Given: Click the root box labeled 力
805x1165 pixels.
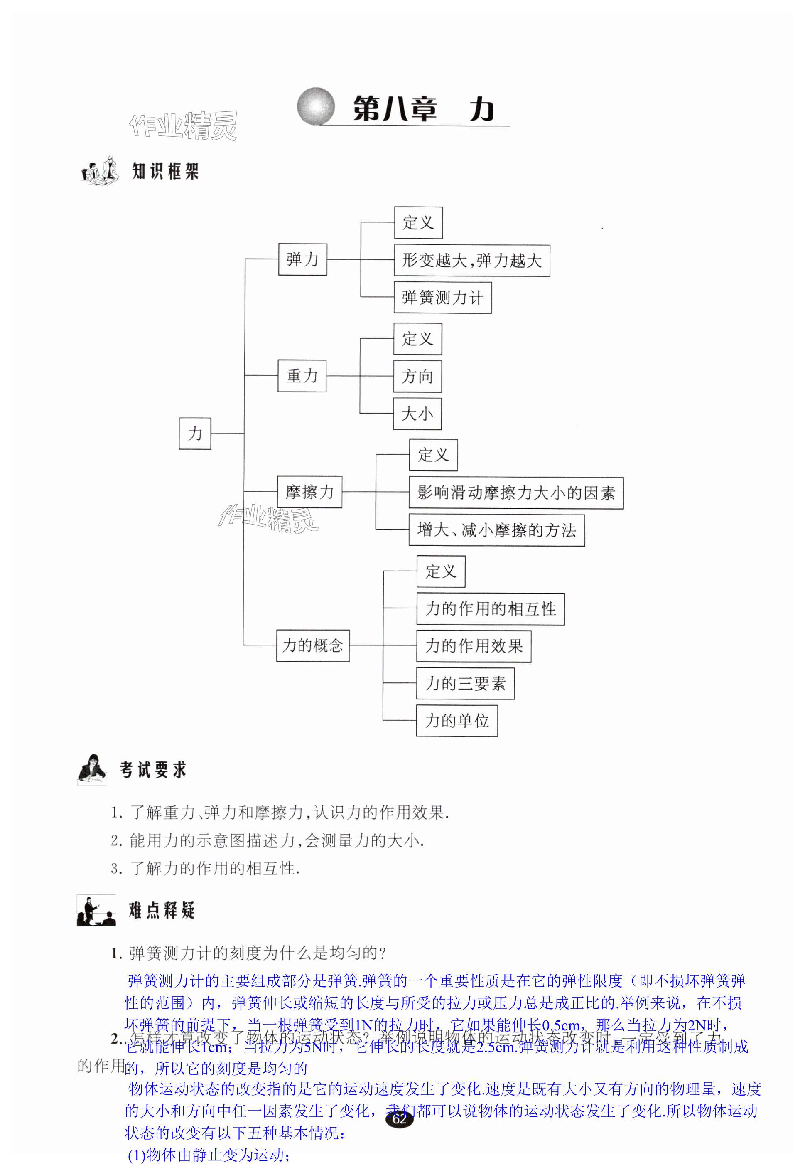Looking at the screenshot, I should (x=195, y=433).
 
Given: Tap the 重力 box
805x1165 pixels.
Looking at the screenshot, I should (x=302, y=376).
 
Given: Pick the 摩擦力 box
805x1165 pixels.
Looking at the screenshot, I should (x=309, y=492).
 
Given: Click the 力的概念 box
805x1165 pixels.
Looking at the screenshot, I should (x=313, y=645).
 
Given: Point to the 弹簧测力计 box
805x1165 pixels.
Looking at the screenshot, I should (x=442, y=298).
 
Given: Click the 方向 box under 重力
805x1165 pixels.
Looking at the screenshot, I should (x=417, y=377).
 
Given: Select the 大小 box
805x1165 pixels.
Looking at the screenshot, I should (x=417, y=414).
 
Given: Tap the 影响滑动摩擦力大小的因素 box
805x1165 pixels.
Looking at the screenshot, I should (x=516, y=493).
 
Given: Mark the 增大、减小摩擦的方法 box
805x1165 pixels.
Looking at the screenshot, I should (x=496, y=530).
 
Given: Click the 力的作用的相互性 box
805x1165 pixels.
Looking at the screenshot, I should (x=490, y=609).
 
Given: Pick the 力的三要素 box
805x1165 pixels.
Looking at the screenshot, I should (x=465, y=684).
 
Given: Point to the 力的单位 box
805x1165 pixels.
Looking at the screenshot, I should (x=456, y=721).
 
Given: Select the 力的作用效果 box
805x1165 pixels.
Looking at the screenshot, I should (x=473, y=646).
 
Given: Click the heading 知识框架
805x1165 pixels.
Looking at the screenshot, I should (x=165, y=172).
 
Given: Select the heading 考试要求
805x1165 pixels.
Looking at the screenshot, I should (x=153, y=770).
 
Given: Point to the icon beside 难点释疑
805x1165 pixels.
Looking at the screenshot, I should (x=96, y=911).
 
